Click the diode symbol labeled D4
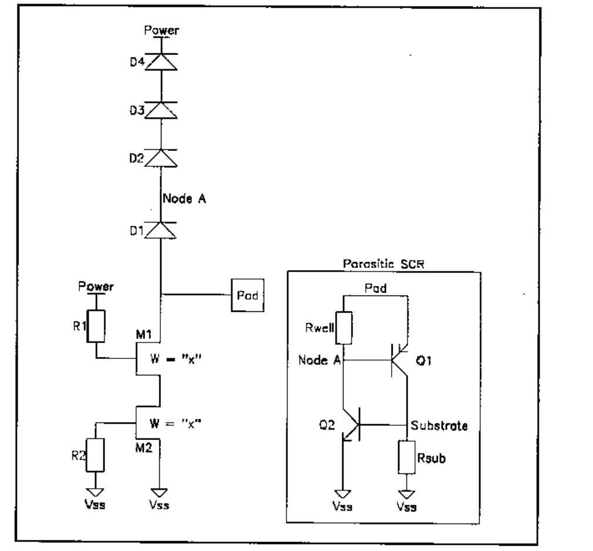[x=161, y=61]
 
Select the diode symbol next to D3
[x=161, y=109]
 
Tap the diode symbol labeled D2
[x=161, y=157]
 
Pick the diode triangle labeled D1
[x=161, y=230]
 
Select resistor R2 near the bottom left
[x=95, y=455]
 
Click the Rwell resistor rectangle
[x=344, y=328]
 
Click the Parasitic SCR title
[x=383, y=264]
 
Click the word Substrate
[x=440, y=425]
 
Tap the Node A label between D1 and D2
[x=184, y=199]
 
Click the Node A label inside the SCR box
[x=319, y=360]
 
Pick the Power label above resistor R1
[x=96, y=287]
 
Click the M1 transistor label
[x=145, y=334]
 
